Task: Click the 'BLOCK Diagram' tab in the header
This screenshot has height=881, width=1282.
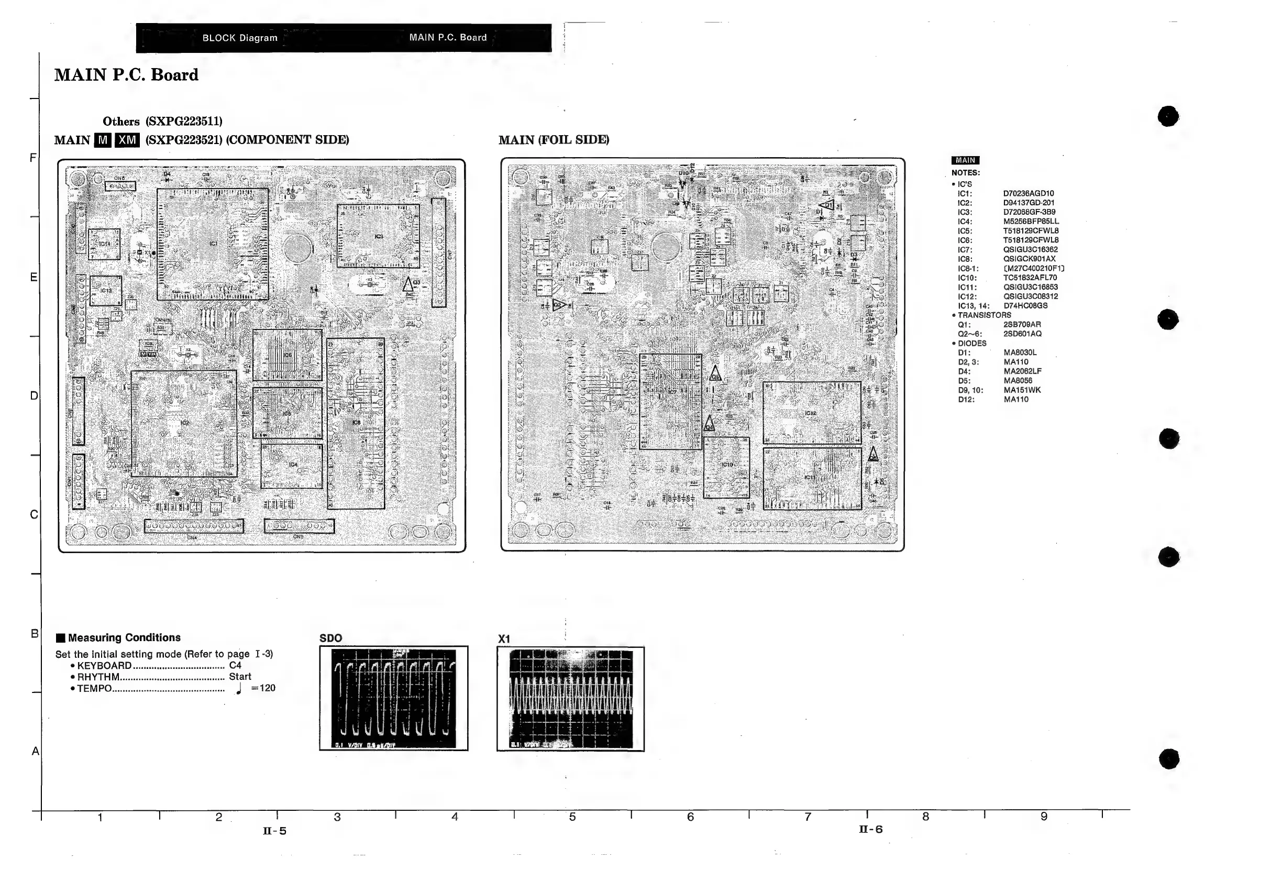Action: coord(239,38)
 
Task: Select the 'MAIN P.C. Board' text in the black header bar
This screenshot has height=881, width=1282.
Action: coord(448,38)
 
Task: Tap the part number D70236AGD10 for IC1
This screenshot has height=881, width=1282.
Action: coord(1028,194)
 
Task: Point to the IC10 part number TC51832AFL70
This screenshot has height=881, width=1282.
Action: coord(1030,278)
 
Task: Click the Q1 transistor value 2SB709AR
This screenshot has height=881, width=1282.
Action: coord(1022,325)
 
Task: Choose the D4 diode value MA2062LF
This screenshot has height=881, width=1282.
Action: coord(1022,371)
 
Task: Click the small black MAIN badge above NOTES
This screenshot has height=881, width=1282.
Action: coord(965,161)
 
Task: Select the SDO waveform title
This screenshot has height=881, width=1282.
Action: coord(330,638)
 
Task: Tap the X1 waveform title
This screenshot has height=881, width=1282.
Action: coord(504,638)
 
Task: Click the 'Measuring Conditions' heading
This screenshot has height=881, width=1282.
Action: coord(124,637)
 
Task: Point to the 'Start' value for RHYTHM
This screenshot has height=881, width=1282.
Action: coord(240,677)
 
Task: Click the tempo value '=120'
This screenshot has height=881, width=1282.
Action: coord(263,688)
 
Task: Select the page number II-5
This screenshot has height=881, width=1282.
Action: coord(274,831)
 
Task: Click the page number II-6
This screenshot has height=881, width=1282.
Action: coord(870,829)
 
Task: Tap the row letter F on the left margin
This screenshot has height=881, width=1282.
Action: coord(33,158)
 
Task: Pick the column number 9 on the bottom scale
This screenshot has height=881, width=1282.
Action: coord(1044,817)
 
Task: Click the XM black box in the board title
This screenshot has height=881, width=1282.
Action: coord(127,140)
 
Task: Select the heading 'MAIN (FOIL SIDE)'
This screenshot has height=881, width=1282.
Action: coord(554,140)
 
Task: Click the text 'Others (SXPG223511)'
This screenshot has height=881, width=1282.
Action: coord(162,122)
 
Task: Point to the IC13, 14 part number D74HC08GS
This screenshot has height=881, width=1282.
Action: coord(1025,306)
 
